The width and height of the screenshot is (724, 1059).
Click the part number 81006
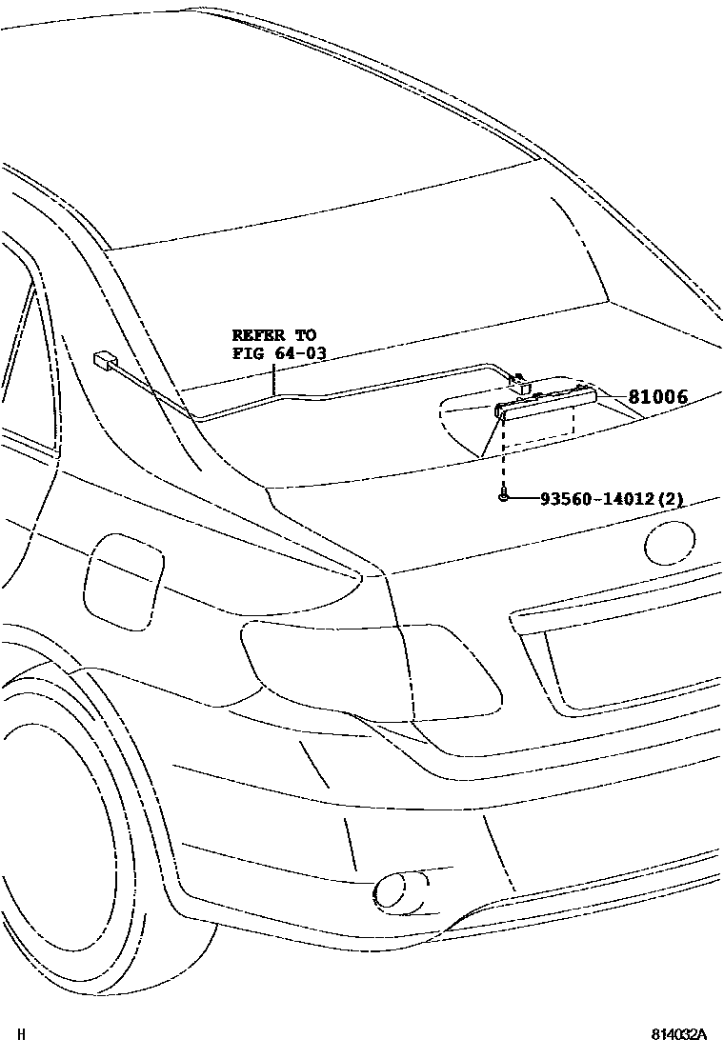coord(656,398)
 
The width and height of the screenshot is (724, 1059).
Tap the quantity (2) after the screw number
coord(674,498)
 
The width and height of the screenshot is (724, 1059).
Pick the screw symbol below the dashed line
coord(502,496)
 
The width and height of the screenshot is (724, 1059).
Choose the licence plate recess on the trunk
coord(638,657)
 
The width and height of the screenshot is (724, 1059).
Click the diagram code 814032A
coord(680,1034)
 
